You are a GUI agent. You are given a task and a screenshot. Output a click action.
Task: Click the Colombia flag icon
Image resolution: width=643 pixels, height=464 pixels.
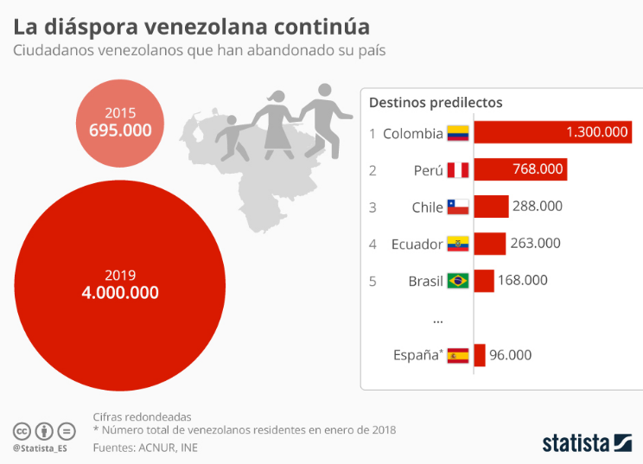pos(457,133)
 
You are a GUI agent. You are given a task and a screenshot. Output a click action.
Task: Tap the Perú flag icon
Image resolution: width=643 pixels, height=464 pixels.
pos(457,170)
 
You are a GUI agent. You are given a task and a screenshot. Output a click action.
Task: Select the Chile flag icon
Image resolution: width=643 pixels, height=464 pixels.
pos(457,207)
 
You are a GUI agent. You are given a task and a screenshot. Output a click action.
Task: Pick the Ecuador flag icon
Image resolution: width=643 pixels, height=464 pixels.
pos(457,244)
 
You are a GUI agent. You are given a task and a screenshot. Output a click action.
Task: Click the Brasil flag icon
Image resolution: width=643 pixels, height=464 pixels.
pos(457,281)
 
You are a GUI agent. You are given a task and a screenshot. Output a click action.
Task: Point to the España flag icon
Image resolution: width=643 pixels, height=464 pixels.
pos(457,354)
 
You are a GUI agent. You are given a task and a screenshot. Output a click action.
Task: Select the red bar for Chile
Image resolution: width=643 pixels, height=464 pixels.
pos(491,207)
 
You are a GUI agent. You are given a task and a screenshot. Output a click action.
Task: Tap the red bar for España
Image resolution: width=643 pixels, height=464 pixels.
pos(480,354)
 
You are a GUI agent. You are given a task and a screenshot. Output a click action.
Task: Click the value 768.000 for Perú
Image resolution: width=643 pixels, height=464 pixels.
pos(538,169)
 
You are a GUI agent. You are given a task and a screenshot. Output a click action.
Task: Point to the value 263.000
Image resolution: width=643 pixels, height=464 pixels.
pos(535,244)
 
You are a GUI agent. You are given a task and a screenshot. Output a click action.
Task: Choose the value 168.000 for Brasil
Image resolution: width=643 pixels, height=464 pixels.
pos(522,281)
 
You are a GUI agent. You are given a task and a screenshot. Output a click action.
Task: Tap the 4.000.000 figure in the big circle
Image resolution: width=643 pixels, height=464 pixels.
pos(120,293)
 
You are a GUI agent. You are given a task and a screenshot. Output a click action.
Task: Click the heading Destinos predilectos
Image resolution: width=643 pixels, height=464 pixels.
pos(436,102)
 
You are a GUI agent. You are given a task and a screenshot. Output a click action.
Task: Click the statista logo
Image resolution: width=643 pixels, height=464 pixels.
pos(587,442)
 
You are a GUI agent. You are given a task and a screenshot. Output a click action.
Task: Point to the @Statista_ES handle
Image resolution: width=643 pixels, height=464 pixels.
pos(40,448)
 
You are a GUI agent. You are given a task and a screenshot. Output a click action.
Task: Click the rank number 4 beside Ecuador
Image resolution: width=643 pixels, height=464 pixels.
pos(372,244)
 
